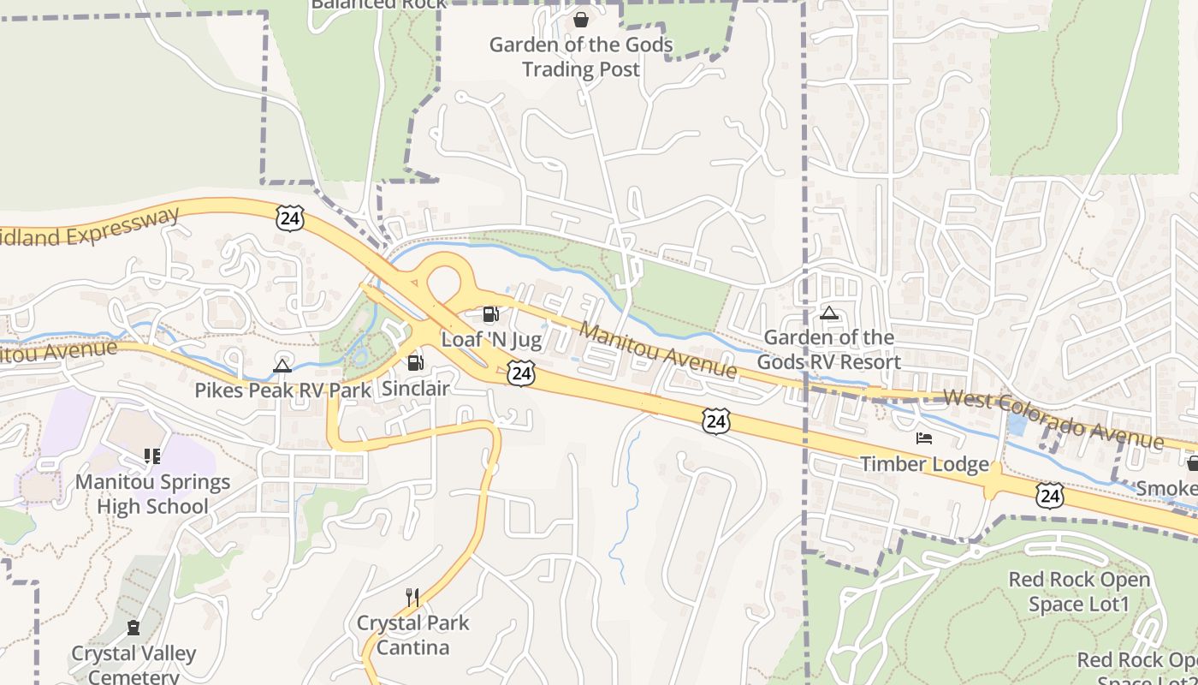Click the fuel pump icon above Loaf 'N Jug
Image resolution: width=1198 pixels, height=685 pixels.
491,315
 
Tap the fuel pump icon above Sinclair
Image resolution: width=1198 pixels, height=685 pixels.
416,363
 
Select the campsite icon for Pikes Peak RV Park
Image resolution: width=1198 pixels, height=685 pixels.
282,366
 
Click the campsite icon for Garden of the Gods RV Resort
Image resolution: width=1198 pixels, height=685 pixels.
828,313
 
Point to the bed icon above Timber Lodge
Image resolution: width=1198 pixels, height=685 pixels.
924,438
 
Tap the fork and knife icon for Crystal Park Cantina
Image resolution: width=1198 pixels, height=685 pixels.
412,597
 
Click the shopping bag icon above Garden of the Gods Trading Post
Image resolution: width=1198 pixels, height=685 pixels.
581,19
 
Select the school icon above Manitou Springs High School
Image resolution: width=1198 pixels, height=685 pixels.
152,456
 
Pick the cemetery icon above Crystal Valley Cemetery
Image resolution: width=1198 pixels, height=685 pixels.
133,628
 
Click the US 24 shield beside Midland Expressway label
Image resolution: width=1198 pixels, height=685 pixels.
290,218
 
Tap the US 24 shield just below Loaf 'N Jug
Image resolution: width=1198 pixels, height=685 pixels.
521,372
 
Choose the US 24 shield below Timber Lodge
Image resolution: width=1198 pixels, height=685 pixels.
1050,495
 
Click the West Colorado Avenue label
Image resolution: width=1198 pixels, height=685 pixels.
1053,420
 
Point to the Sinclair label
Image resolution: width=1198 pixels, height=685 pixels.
415,389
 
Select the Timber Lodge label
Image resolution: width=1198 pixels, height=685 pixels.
924,464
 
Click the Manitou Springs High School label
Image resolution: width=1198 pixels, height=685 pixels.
152,494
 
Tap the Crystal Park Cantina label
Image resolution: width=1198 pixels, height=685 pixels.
413,634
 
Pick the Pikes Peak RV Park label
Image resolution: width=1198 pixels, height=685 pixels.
282,390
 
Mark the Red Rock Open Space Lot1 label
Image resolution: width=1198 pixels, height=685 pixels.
1079,592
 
